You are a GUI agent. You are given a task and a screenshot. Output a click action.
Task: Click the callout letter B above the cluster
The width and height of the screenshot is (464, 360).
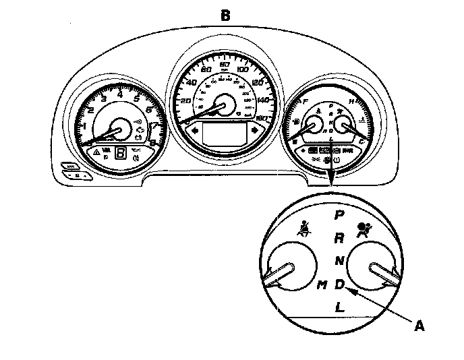click(x=225, y=13)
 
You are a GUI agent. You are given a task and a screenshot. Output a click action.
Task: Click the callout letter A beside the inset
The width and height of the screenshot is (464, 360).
click(x=419, y=326)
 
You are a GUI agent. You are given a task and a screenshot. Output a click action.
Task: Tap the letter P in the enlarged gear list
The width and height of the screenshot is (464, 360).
click(x=340, y=215)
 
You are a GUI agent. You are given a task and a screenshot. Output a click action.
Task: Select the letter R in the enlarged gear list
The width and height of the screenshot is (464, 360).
click(x=340, y=237)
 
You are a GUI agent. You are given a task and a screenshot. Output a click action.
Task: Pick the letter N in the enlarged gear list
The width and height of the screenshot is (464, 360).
click(x=340, y=261)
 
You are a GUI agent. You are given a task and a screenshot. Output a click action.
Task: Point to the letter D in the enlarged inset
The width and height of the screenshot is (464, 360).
click(x=340, y=284)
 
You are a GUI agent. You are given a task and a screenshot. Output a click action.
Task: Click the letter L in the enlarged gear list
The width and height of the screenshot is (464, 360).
click(x=340, y=307)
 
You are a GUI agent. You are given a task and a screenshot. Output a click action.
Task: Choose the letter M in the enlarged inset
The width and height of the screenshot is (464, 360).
click(x=322, y=284)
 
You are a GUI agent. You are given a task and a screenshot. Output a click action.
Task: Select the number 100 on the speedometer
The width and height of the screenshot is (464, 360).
click(x=243, y=69)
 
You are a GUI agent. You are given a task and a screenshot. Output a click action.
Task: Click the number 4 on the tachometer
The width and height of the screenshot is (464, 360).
click(x=120, y=94)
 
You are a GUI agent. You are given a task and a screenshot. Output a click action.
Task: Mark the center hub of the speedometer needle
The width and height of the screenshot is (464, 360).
click(x=224, y=104)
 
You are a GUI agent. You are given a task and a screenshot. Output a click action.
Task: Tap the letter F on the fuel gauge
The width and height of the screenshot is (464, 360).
click(x=307, y=102)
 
